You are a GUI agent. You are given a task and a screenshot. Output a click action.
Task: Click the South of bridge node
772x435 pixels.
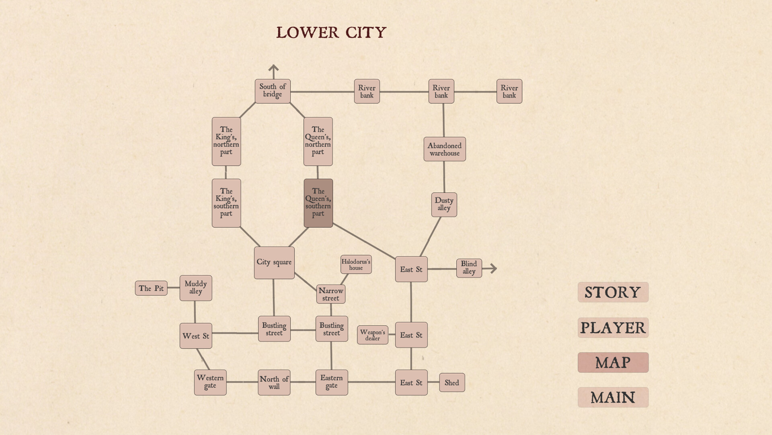pos(272,91)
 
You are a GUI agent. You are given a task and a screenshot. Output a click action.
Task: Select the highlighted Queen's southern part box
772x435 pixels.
pos(318,203)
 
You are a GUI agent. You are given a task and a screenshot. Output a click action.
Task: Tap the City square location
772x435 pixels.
pos(274,263)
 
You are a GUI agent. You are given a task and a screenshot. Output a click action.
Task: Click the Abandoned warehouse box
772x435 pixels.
pos(444,149)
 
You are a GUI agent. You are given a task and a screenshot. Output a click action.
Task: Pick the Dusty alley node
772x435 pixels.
pos(444,205)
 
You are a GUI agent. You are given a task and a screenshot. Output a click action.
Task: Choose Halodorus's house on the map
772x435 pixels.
pos(356,265)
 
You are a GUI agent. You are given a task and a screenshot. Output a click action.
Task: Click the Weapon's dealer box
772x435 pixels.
pos(372,335)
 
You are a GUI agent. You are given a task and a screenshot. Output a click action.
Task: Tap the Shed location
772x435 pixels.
pos(452,383)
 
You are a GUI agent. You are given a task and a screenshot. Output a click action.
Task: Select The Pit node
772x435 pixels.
pos(151,288)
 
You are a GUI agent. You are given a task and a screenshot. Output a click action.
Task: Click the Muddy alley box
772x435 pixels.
pos(195,288)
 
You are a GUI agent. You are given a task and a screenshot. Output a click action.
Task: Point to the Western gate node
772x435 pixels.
pos(210,382)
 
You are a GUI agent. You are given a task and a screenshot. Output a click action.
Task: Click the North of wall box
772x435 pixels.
pos(274,382)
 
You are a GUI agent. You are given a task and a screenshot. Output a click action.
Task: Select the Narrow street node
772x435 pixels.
pos(331,294)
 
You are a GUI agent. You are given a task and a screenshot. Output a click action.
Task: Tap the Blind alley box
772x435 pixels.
pos(469,268)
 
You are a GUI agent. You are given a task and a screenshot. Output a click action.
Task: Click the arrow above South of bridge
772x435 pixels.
pos(273,71)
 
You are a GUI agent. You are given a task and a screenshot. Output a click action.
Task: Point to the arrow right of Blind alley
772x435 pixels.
pos(491,268)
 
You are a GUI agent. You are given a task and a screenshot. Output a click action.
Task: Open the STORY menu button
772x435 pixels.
pos(613,292)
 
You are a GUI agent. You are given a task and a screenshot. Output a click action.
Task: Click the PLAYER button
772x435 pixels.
pos(613,328)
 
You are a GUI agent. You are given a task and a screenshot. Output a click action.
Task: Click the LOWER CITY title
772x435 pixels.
pos(331,33)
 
